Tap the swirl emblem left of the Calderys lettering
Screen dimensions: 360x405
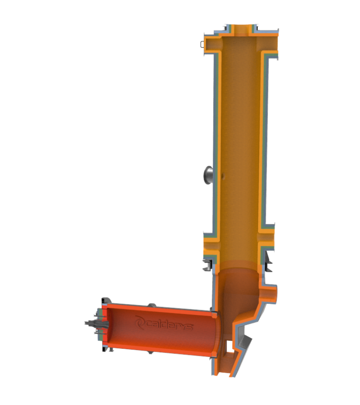[140, 321]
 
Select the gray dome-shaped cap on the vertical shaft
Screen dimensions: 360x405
[208, 175]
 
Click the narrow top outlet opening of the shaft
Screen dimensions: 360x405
[242, 29]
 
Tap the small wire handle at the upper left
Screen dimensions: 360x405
[202, 45]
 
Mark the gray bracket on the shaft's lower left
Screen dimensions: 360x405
[207, 265]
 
